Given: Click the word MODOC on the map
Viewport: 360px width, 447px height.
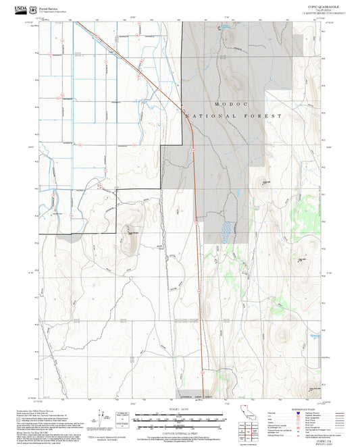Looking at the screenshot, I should [x=228, y=105].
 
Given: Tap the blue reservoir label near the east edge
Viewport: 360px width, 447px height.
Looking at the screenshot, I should [x=313, y=336].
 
